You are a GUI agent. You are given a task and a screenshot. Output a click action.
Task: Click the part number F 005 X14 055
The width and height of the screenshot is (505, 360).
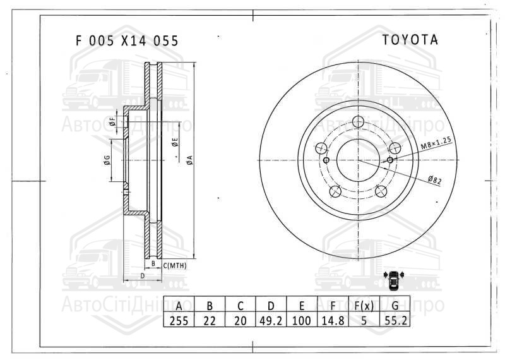[x=127, y=41]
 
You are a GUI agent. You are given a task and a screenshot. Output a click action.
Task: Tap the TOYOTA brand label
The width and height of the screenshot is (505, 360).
[x=410, y=40]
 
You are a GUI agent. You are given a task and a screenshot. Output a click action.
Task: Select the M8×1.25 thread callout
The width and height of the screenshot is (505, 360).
[x=436, y=143]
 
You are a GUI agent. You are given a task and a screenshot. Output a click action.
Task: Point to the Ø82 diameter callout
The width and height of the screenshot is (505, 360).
[x=435, y=180]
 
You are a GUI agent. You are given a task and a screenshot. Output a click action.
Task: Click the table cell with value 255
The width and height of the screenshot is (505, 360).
[x=179, y=320]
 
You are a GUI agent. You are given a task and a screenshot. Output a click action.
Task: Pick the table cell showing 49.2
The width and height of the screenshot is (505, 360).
[x=271, y=320]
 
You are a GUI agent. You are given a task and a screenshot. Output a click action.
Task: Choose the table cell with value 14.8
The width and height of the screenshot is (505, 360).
[x=333, y=320]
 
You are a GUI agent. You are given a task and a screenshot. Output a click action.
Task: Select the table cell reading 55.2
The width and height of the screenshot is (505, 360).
[x=395, y=320]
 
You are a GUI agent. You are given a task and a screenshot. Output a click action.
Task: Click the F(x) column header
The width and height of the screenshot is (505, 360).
[x=364, y=305]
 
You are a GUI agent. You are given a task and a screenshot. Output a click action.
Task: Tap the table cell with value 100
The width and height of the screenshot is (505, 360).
[x=302, y=320]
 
